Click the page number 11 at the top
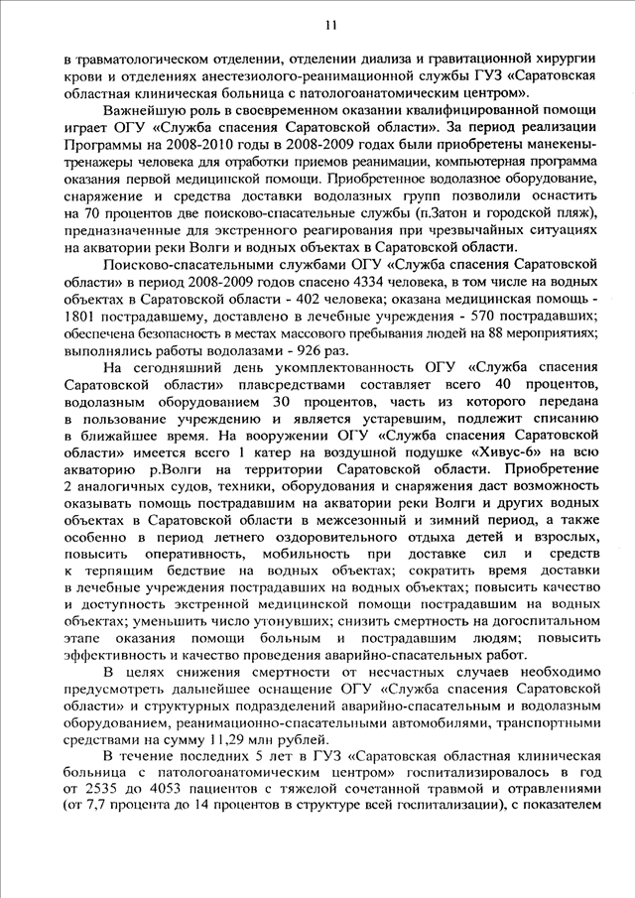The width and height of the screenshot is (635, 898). (330, 23)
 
